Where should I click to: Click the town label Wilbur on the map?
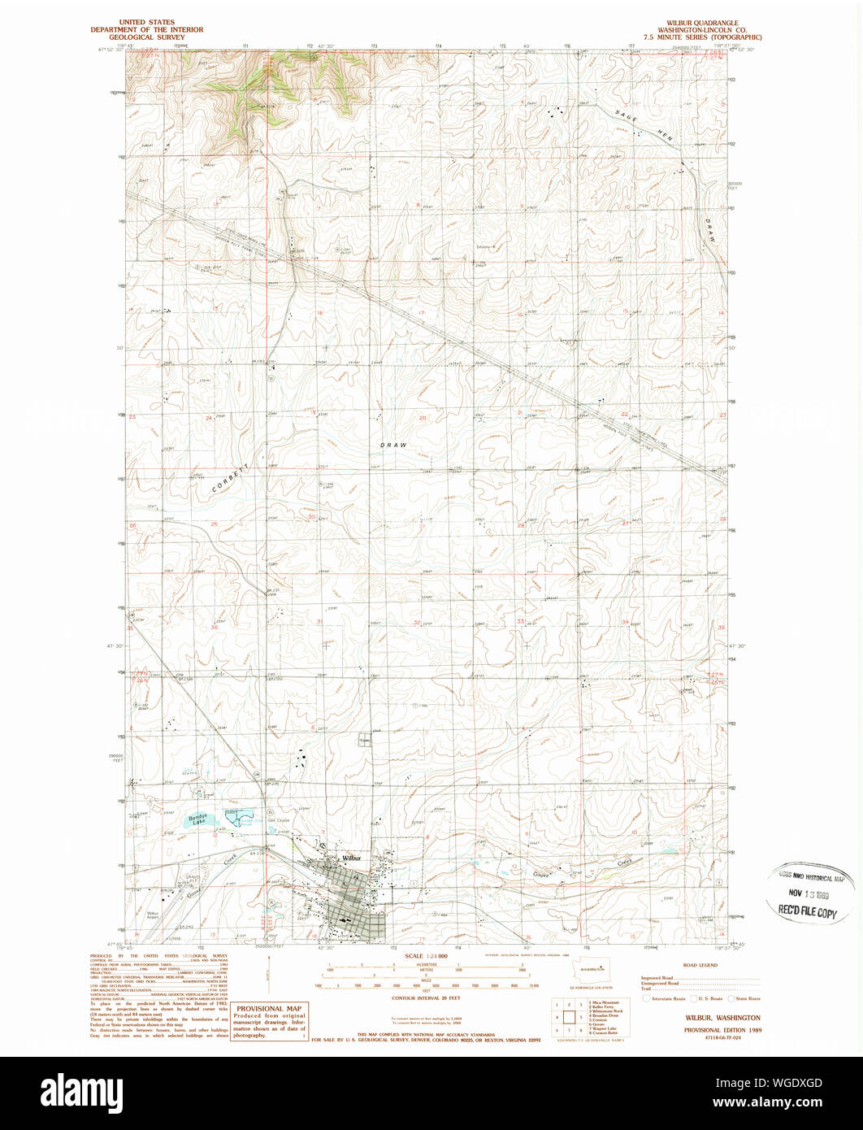point(351,858)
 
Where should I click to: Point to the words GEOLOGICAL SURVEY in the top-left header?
point(160,37)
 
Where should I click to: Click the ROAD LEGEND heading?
point(700,965)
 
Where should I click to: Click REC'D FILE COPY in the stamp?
point(808,914)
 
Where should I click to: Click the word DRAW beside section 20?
point(393,445)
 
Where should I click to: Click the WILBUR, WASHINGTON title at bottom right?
point(701,1017)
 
